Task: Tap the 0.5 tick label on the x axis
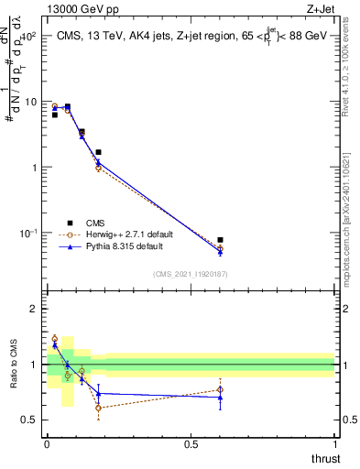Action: click(191, 443)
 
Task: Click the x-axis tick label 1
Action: click(334, 443)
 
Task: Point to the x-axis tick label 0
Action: click(47, 443)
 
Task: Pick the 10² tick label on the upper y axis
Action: click(28, 36)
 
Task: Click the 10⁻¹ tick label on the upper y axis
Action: click(28, 234)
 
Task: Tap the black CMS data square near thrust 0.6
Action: click(220, 240)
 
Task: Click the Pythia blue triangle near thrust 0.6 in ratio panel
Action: click(220, 398)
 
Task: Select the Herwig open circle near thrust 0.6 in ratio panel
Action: click(220, 389)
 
